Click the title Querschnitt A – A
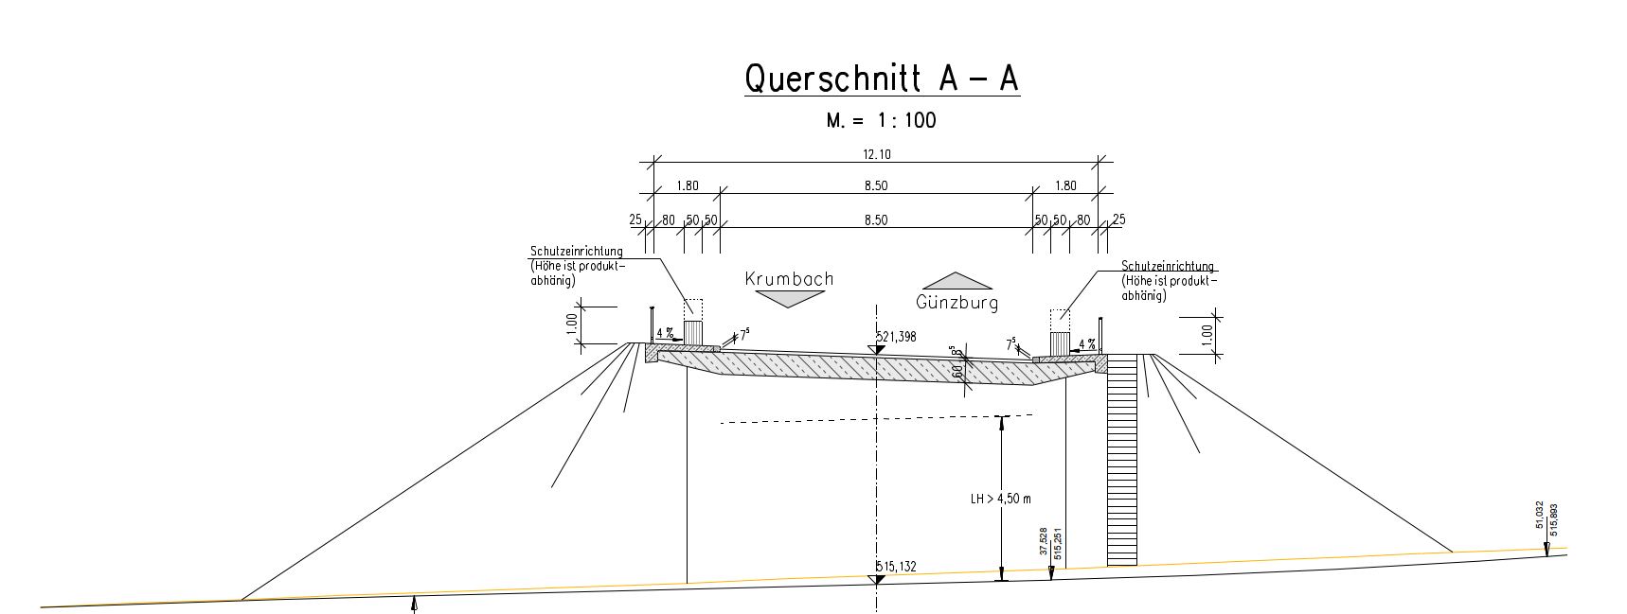pyautogui.click(x=882, y=79)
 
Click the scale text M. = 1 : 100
pyautogui.click(x=881, y=120)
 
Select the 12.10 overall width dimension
pyautogui.click(x=877, y=154)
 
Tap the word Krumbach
pyautogui.click(x=789, y=279)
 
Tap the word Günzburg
pyautogui.click(x=957, y=303)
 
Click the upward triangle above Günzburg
pyautogui.click(x=957, y=281)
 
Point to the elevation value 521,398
pyautogui.click(x=895, y=337)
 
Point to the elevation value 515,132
pyautogui.click(x=896, y=568)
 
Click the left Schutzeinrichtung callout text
pyautogui.click(x=577, y=265)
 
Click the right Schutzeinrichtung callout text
pyautogui.click(x=1168, y=281)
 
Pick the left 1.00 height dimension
pyautogui.click(x=571, y=323)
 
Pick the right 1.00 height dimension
pyautogui.click(x=1206, y=334)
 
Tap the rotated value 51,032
pyautogui.click(x=1540, y=517)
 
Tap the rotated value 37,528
pyautogui.click(x=1044, y=541)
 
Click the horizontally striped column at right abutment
pyautogui.click(x=1121, y=460)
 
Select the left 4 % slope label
pyautogui.click(x=664, y=333)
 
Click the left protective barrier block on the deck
pyautogui.click(x=693, y=333)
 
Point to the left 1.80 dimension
pyautogui.click(x=687, y=186)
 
